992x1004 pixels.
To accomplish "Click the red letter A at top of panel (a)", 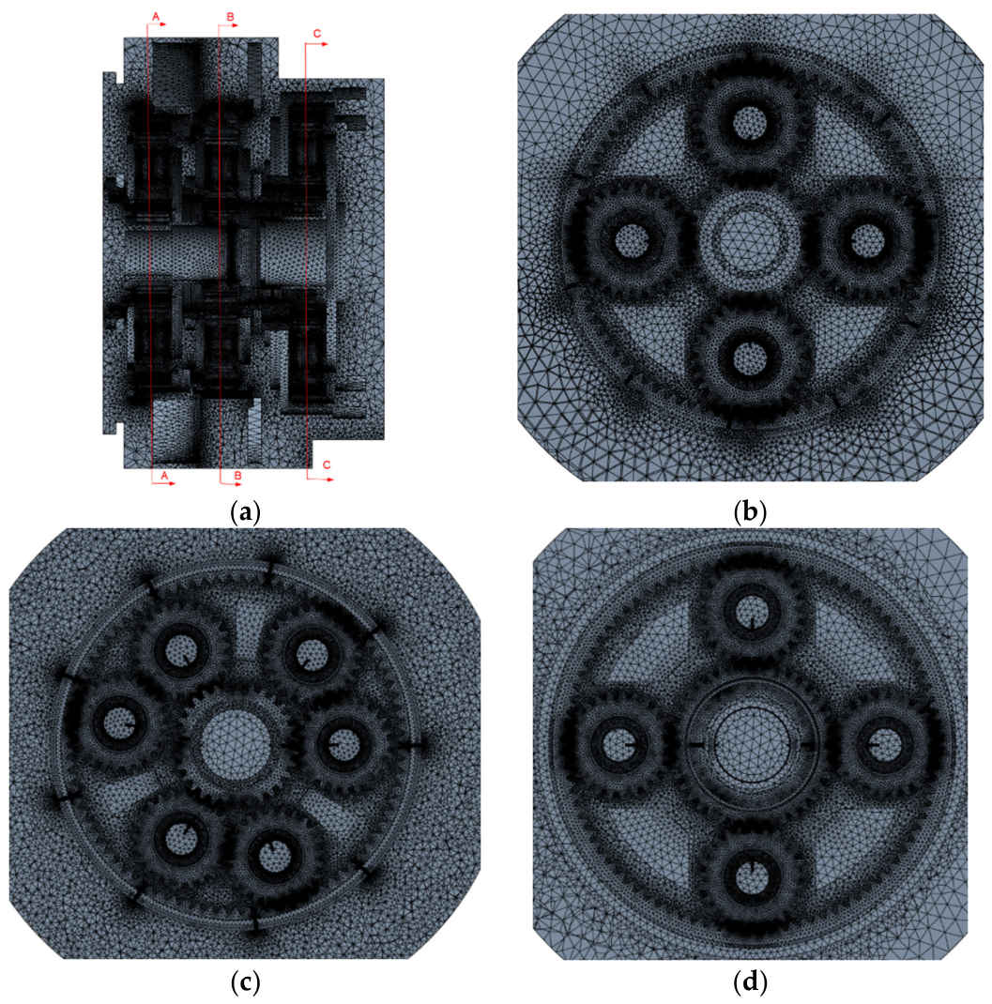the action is pyautogui.click(x=156, y=15).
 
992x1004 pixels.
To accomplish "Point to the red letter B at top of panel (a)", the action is pyautogui.click(x=229, y=15).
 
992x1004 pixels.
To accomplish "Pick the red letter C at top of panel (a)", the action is pyautogui.click(x=317, y=33).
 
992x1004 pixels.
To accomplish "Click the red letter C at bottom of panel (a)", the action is pyautogui.click(x=327, y=464).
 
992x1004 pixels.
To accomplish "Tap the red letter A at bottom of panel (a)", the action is pyautogui.click(x=164, y=476).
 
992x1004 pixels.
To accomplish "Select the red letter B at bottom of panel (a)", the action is pyautogui.click(x=237, y=476).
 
